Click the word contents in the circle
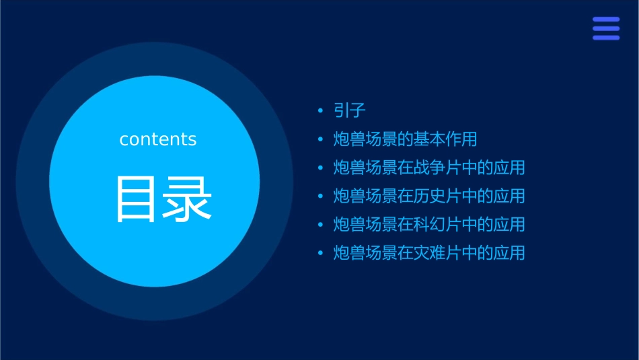(158, 139)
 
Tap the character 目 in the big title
(135, 199)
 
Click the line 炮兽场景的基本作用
(405, 139)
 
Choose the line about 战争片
(429, 168)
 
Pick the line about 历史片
(429, 196)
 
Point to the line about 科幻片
(429, 224)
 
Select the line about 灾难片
(429, 253)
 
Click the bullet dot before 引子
(321, 111)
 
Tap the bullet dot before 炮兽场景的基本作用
(321, 140)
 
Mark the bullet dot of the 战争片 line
(321, 168)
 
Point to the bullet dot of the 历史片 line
(321, 196)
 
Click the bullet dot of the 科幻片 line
(321, 225)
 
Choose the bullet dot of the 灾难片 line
(321, 254)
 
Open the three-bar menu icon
(606, 28)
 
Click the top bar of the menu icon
(606, 20)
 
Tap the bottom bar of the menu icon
(606, 38)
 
